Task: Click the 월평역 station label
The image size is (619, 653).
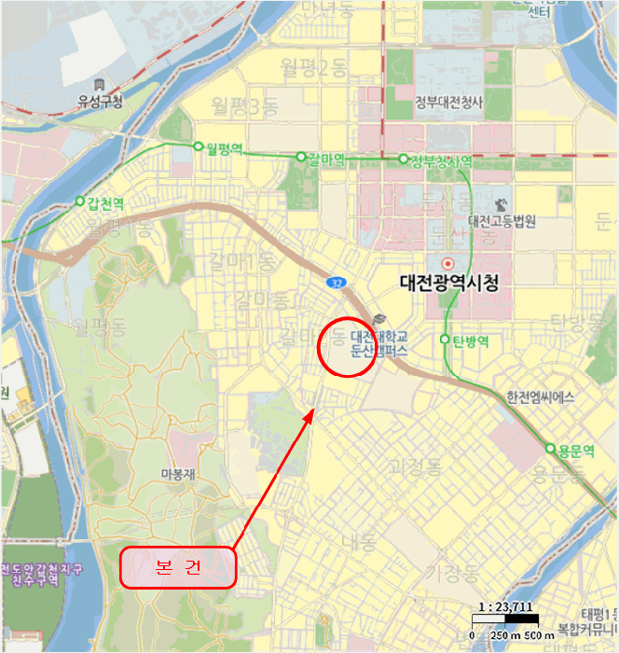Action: pos(226,146)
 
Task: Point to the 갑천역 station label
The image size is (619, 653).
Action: pos(105,202)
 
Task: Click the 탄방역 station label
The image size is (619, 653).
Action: pos(470,340)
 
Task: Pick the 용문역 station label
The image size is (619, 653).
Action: pos(576,451)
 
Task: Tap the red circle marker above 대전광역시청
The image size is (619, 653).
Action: pos(448,263)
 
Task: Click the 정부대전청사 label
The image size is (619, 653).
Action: pos(449,103)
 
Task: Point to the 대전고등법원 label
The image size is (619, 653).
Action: pos(502,221)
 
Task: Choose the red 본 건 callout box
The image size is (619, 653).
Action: pos(177,567)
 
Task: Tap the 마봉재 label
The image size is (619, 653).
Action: pos(178,474)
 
